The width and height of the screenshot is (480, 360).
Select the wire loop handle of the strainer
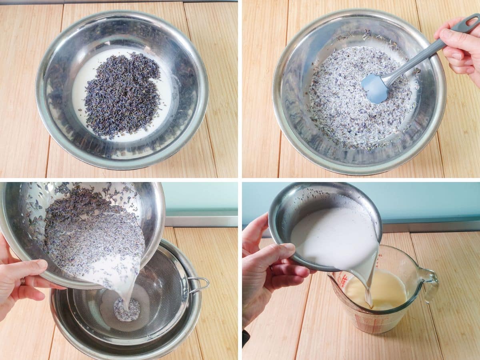click(x=200, y=284)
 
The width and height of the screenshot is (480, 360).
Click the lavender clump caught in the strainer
click(x=127, y=310)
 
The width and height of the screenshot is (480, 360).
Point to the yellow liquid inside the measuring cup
click(x=384, y=290)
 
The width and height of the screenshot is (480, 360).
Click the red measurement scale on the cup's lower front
click(x=366, y=320)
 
